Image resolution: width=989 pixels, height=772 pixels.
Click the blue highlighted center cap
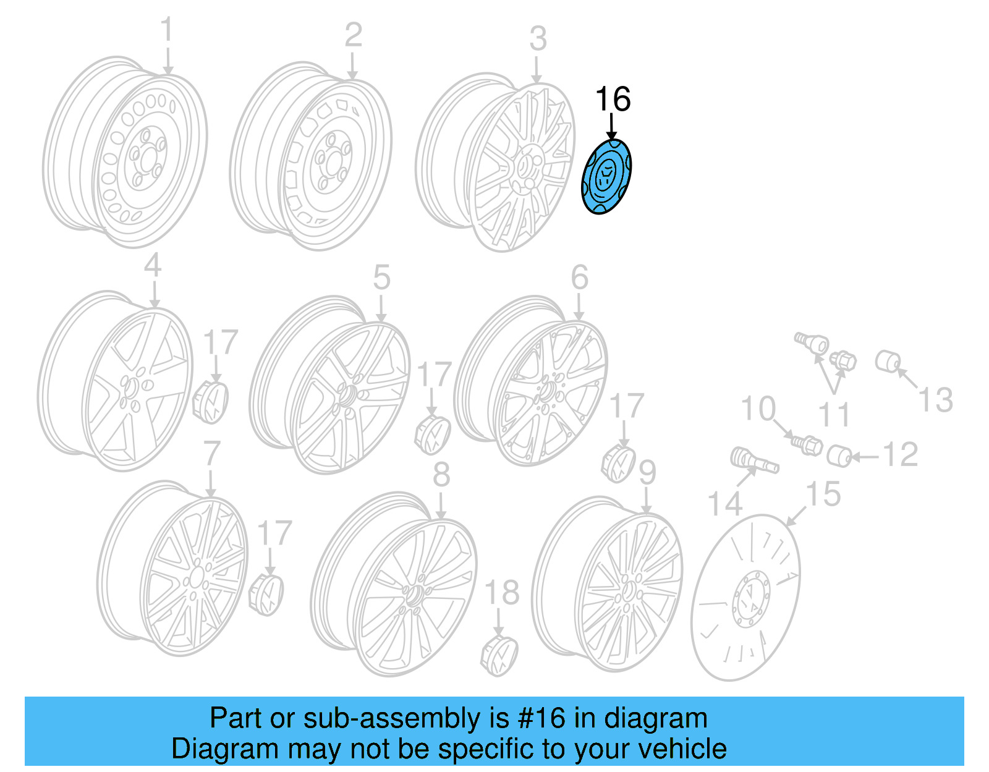[606, 177]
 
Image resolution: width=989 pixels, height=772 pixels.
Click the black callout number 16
[613, 100]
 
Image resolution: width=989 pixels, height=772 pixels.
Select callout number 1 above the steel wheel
[167, 31]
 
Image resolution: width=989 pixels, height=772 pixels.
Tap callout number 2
[353, 35]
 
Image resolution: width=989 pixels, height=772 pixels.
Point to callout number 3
[538, 39]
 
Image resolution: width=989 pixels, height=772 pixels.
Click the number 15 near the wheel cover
[823, 494]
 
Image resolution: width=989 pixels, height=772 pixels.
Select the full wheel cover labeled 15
[745, 597]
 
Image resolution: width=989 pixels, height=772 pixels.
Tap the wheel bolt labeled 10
[805, 444]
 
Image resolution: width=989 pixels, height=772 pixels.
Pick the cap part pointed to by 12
[840, 456]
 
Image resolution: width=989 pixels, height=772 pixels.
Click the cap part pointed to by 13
[888, 362]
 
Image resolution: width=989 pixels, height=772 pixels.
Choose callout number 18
[502, 593]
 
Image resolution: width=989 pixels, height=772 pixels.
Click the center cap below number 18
[499, 654]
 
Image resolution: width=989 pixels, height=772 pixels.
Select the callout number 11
[834, 414]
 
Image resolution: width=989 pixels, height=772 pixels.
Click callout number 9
[647, 473]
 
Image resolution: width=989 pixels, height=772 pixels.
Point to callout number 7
[212, 454]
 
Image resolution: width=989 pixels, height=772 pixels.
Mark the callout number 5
[381, 278]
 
